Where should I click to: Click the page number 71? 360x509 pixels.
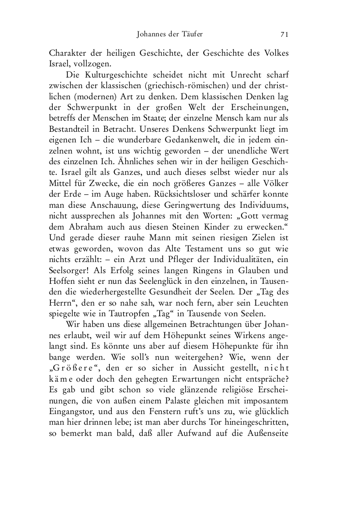point(284,34)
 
